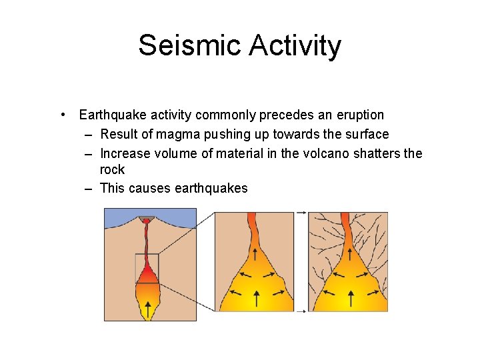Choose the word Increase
click(126, 154)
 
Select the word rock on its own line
click(112, 170)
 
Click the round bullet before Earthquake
click(61, 115)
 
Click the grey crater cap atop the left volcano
click(146, 218)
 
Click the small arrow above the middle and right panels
click(301, 212)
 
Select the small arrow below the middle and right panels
click(301, 311)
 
